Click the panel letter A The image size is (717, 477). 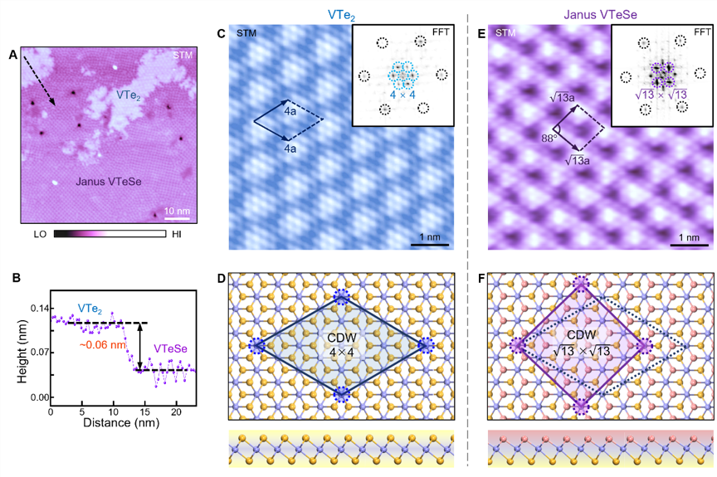click(13, 55)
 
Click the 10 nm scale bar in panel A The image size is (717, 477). click(176, 220)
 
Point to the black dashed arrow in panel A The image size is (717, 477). click(38, 80)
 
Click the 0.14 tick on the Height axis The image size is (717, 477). click(38, 308)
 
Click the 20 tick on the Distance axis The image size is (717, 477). click(176, 411)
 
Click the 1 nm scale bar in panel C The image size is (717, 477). click(431, 245)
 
